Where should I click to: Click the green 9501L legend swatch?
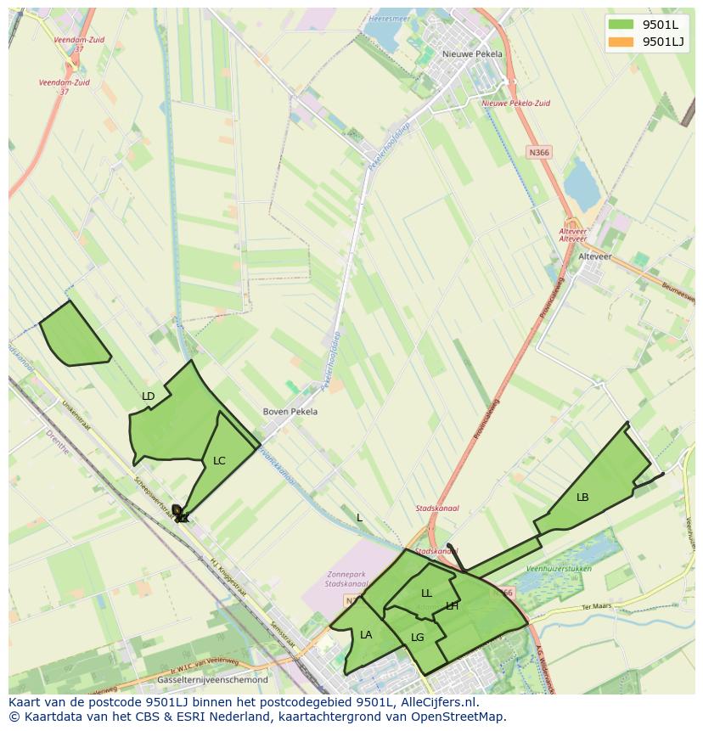(x=621, y=25)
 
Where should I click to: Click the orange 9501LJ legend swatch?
(x=621, y=42)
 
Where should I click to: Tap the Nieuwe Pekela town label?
(x=472, y=53)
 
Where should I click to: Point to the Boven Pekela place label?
(x=290, y=412)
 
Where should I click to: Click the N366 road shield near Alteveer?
(x=538, y=152)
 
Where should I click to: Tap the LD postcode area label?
(x=149, y=396)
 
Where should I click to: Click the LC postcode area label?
(x=219, y=461)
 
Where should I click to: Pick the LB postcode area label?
(x=582, y=498)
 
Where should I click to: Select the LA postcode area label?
(x=366, y=635)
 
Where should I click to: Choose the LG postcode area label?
(x=417, y=638)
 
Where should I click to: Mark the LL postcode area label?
(x=426, y=593)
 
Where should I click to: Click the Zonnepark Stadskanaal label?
(x=347, y=579)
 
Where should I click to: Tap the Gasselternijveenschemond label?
(x=213, y=680)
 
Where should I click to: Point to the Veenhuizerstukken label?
(x=559, y=568)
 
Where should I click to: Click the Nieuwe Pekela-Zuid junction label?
(x=515, y=103)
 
